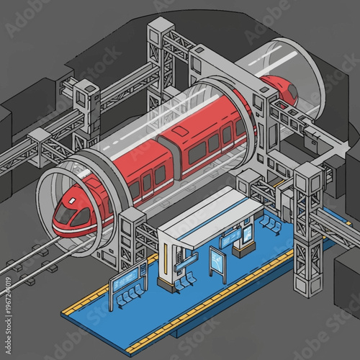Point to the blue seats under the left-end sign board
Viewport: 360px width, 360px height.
tap(130, 296)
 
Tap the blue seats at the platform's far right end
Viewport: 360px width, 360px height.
tap(271, 224)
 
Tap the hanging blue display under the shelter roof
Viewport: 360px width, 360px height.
tap(232, 238)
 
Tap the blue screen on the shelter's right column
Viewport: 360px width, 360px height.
tap(248, 235)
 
